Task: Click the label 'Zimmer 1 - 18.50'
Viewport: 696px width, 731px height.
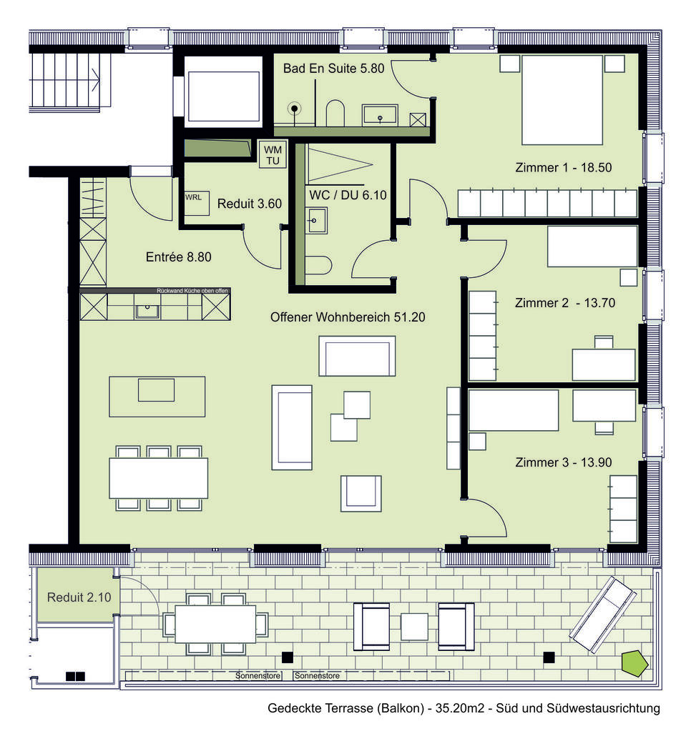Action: tap(562, 168)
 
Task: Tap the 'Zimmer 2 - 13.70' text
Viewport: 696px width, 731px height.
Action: tap(565, 303)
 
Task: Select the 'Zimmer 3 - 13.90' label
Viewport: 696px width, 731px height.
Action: tap(563, 462)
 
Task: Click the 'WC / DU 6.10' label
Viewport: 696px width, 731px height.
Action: tap(347, 194)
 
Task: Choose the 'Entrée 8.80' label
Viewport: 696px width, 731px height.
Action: tap(178, 257)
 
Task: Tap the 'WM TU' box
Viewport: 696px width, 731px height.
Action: tap(273, 155)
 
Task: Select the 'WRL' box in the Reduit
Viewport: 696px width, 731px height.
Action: tap(193, 197)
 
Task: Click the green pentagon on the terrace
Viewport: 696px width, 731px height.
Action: tap(634, 662)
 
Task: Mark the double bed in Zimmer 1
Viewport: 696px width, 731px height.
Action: tap(562, 99)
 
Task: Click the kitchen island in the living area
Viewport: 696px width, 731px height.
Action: tap(157, 396)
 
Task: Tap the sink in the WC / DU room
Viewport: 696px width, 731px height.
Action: tap(315, 220)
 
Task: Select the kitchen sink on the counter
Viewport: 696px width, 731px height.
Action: tap(147, 310)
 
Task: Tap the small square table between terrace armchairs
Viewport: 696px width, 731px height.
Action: tap(413, 627)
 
